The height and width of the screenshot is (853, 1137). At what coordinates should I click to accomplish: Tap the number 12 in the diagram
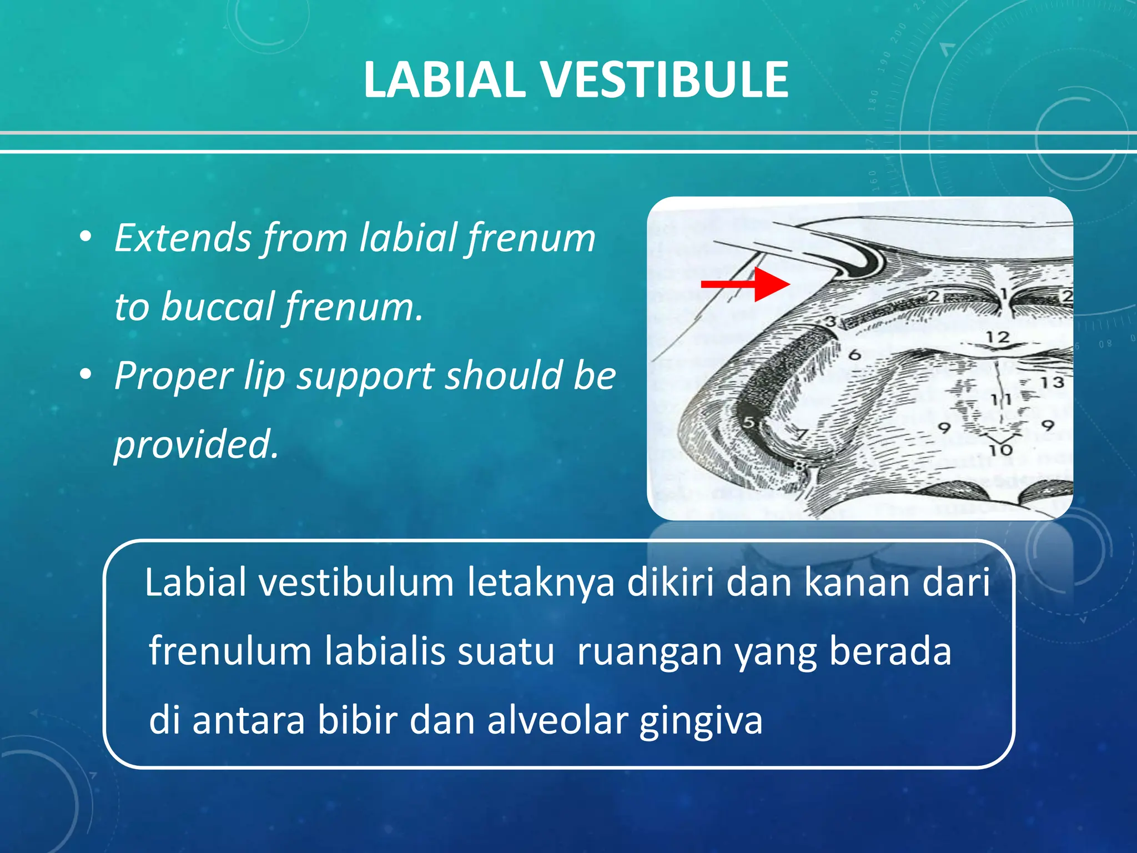pos(997,337)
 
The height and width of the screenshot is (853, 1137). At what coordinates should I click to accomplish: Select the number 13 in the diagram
pos(1052,382)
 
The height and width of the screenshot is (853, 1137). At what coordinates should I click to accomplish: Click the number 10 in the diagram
pos(1000,450)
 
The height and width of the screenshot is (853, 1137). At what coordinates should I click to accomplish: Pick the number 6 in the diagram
pos(855,354)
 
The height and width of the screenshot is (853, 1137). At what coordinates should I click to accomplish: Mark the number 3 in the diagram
pos(831,321)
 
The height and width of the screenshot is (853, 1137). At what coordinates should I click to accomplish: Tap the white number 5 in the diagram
pos(749,422)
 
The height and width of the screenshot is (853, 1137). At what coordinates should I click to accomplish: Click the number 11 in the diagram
pos(1001,399)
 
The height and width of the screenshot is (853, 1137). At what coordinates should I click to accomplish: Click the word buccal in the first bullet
pos(218,307)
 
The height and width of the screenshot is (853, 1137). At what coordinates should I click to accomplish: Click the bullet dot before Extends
pos(85,238)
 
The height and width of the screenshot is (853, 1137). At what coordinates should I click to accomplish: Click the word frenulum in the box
pos(230,651)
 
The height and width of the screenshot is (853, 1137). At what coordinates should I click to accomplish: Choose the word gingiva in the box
pos(701,720)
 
